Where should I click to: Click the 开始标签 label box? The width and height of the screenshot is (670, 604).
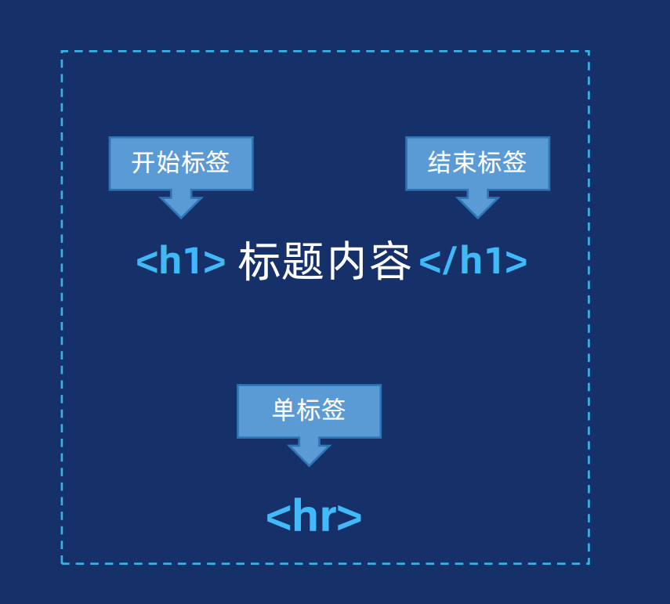coord(181,163)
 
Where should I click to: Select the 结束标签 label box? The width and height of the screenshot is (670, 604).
coord(477,163)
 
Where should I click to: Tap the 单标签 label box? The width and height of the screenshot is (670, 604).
coord(309,411)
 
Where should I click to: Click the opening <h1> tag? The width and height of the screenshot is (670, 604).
coord(181,262)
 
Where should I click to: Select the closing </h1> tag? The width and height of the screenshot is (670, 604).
coord(473,262)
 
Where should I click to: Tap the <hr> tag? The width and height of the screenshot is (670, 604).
coord(313,516)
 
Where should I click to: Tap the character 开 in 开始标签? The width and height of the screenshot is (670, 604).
coord(143,163)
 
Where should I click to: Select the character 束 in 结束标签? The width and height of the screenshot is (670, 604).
coord(465,163)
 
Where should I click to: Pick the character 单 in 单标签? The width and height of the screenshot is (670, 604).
coord(284,411)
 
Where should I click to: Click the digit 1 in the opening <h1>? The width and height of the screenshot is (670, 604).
coord(193,262)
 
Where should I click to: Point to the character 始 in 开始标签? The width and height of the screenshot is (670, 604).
coord(168,163)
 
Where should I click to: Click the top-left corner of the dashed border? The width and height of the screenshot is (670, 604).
coord(62,52)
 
